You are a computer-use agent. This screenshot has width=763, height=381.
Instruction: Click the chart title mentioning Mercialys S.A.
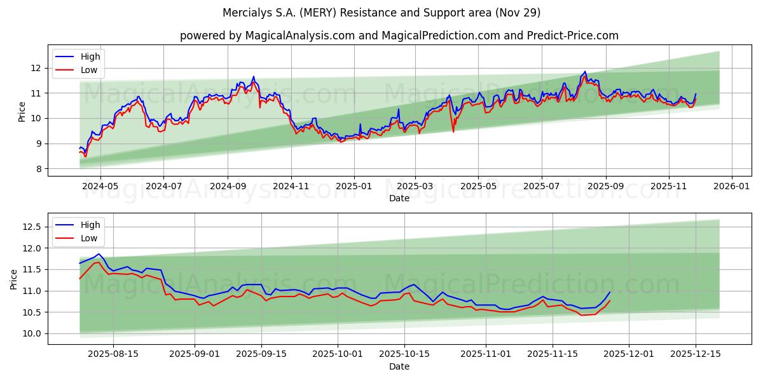[381, 13]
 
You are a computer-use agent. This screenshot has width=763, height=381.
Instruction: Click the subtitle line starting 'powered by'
[399, 36]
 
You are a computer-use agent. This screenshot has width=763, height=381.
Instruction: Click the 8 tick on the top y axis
[38, 169]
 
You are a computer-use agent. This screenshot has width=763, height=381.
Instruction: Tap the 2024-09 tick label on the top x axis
[228, 187]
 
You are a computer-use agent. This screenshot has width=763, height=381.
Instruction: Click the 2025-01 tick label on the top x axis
[354, 187]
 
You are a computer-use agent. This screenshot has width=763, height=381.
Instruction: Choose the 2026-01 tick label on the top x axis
[731, 187]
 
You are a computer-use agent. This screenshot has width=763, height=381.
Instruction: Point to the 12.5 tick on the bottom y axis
[32, 227]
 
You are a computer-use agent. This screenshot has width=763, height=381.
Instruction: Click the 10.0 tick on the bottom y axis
[32, 333]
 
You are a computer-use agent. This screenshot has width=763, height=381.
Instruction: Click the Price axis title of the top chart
[22, 111]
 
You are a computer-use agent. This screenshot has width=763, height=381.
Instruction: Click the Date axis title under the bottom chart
[399, 366]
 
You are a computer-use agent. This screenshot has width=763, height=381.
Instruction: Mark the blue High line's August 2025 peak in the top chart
[584, 72]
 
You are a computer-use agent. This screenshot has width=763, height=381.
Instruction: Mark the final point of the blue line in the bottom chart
[610, 292]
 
